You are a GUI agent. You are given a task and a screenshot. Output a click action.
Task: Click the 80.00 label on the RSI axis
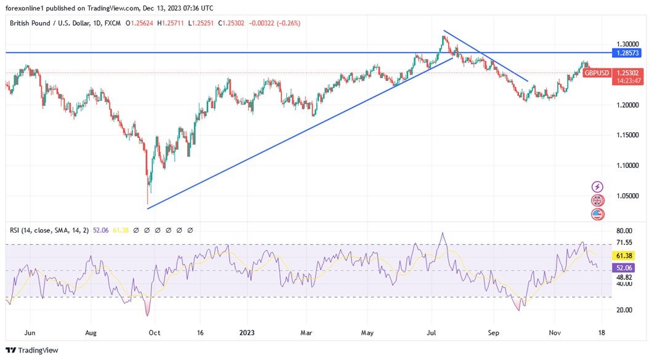[x=624, y=231]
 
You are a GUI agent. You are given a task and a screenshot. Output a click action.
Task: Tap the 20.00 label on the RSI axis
[x=624, y=310]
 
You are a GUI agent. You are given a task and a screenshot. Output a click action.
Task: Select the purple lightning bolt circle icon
[x=597, y=186]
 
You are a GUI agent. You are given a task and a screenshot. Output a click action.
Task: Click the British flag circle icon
[x=597, y=201]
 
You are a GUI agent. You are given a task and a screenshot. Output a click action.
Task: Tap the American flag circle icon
[x=597, y=215]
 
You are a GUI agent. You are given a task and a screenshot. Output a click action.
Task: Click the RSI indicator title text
[x=49, y=230]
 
